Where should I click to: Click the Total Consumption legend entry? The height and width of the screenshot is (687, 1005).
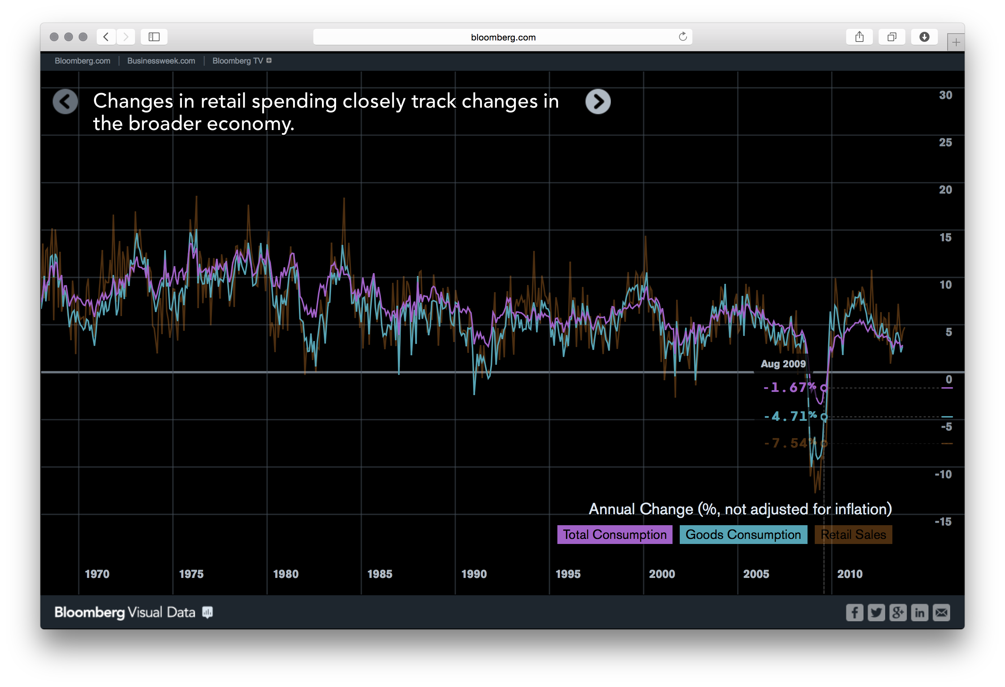(614, 535)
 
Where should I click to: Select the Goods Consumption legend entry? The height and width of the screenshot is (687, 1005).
(743, 535)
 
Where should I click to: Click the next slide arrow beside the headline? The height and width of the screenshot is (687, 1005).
(598, 101)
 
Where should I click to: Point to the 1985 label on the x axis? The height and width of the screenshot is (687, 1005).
(380, 574)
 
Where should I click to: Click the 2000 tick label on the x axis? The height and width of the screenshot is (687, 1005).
(662, 574)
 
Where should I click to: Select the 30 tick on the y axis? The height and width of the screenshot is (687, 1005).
(945, 95)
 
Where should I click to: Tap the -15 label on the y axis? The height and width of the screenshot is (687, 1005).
(943, 522)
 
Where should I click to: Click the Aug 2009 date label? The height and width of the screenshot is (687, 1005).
(783, 364)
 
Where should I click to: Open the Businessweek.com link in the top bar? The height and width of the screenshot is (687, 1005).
(161, 61)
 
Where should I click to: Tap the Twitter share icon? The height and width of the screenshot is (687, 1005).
(876, 613)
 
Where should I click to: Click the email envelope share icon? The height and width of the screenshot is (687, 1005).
(941, 613)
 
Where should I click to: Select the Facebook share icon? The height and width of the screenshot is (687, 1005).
(854, 613)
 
